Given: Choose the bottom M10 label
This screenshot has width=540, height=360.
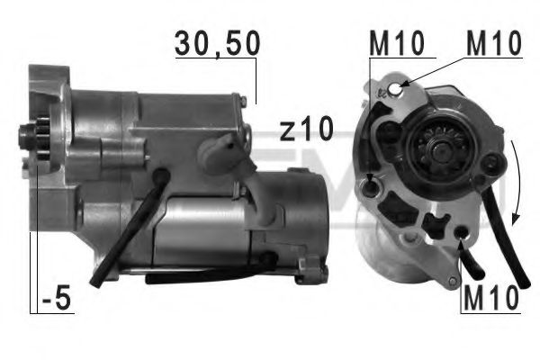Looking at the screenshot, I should point(491,297).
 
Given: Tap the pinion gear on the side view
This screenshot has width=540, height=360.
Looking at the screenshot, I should point(32,139).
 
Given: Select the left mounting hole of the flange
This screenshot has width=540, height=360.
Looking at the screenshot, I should point(372,187).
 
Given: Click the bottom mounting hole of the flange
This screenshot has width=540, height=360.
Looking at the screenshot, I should point(463,236).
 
